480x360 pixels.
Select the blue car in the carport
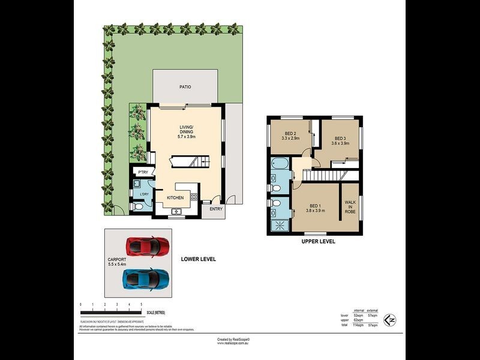coord(146,278)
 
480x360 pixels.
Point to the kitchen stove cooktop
coord(194,197)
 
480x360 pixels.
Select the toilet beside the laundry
coord(138,207)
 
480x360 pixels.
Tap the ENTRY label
coord(216,209)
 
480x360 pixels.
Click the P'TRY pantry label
coord(143,173)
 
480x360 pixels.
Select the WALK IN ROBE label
coord(350,207)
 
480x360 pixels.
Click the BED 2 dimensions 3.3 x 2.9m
coord(291,139)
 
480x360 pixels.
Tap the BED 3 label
coord(340,137)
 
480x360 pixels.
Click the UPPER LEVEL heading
coord(318,241)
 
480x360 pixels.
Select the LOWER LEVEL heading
coord(198,259)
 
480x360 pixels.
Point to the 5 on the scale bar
coord(141,305)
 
